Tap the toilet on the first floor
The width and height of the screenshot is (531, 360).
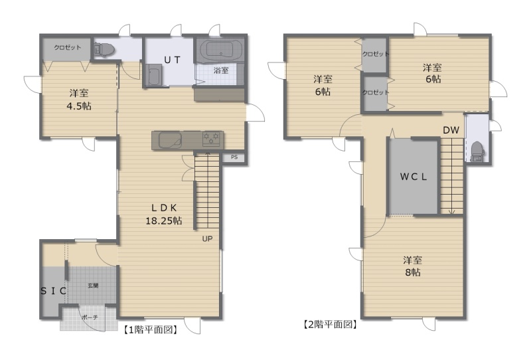pos(104,50)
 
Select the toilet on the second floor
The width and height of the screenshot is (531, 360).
pos(477,151)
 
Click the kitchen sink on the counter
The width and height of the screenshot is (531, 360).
pos(171,140)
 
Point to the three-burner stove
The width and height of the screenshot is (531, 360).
pos(211,139)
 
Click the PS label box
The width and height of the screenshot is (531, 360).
pos(234,157)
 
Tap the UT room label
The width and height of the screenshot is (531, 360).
pos(172,60)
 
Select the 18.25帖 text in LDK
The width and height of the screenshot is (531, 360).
pos(164,221)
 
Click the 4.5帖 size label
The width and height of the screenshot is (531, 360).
pos(79,106)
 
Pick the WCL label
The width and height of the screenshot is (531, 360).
pos(414,177)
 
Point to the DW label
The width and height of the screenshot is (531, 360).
pos(451,130)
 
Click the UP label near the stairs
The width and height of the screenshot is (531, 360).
pos(207,238)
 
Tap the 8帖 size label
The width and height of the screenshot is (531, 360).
pos(413,272)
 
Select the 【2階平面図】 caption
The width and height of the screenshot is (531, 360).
pos(329,324)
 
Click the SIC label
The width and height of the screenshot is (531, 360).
pos(53,291)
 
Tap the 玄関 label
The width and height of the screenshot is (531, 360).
pos(93,286)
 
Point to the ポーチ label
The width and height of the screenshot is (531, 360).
pos(90,317)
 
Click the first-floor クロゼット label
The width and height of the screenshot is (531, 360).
pos(68,47)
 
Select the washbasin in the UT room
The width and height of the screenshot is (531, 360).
pos(154,74)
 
